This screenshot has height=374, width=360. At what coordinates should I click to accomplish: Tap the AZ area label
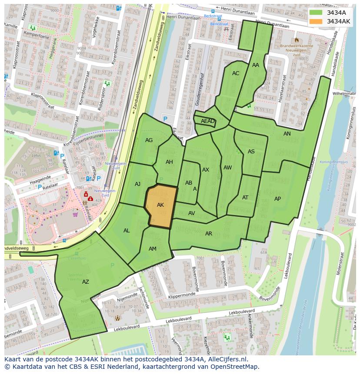86,282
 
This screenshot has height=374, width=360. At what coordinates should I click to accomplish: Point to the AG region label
149,140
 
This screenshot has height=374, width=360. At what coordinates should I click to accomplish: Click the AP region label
277,199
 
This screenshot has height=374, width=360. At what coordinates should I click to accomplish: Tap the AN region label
287,134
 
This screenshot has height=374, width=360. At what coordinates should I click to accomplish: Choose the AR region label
209,234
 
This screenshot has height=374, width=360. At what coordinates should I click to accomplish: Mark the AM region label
153,249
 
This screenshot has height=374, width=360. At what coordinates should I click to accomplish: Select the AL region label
127,231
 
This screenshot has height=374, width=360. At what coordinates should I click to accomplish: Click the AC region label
236,73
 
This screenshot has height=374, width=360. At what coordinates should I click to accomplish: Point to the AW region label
227,168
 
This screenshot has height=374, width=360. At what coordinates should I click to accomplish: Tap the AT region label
245,198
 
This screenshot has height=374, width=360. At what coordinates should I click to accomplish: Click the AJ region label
137,184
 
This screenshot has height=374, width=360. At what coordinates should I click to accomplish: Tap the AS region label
251,152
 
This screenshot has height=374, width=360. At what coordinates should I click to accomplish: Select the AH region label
169,162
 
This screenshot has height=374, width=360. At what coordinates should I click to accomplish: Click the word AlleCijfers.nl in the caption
226,359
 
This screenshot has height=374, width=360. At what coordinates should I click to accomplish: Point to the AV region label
192,213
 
